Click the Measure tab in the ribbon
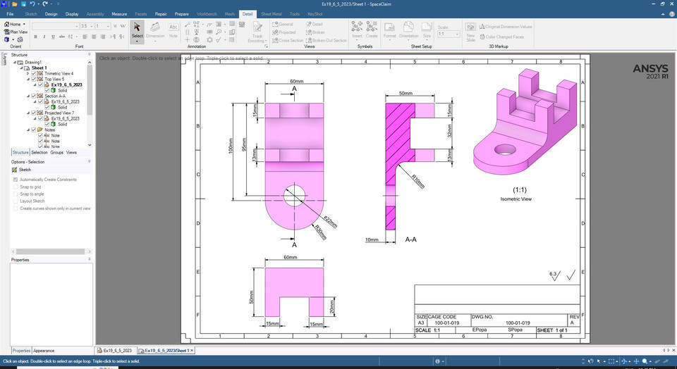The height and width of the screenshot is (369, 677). click(119, 13)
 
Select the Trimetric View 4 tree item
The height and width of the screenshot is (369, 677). click(59, 73)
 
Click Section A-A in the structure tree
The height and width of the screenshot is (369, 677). click(56, 96)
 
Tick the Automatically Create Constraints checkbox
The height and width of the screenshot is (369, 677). click(16, 180)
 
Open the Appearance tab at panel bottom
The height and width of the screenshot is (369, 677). click(44, 351)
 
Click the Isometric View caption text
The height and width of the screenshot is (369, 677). click(516, 200)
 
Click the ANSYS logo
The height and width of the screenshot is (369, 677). click(645, 70)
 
